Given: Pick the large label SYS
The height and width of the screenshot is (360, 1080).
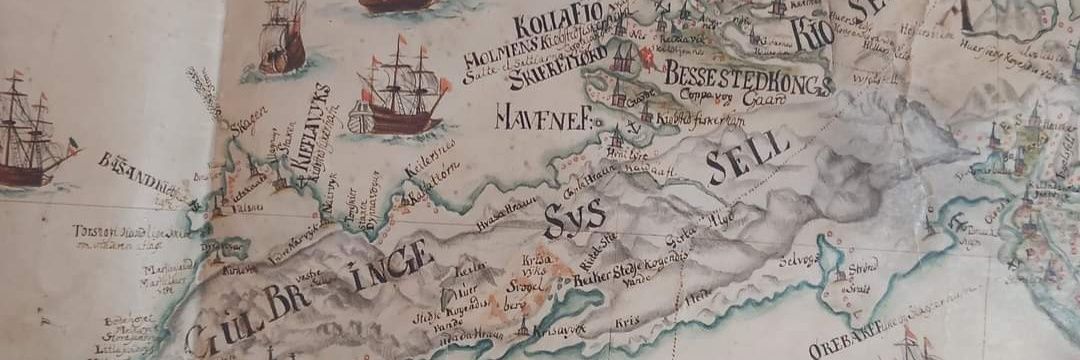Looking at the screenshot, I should point(574,215).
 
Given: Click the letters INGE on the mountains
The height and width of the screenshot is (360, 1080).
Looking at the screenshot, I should point(392,264).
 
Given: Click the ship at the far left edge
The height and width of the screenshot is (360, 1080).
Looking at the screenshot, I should point(30,135).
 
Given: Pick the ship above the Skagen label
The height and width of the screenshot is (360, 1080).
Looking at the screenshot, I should point(281,38).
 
